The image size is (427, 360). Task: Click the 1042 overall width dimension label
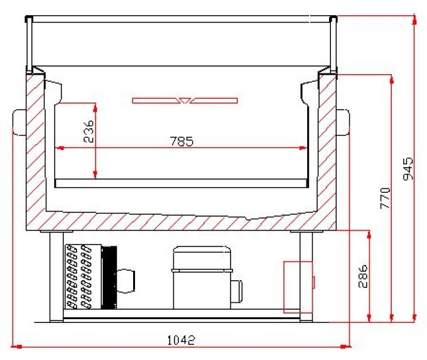click(181, 340)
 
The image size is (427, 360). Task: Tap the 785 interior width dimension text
click(181, 141)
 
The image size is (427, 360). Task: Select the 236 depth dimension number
click(89, 131)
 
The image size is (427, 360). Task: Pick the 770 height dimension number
click(385, 198)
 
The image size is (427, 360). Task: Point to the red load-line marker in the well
click(185, 100)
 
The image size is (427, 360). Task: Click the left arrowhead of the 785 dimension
click(60, 148)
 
